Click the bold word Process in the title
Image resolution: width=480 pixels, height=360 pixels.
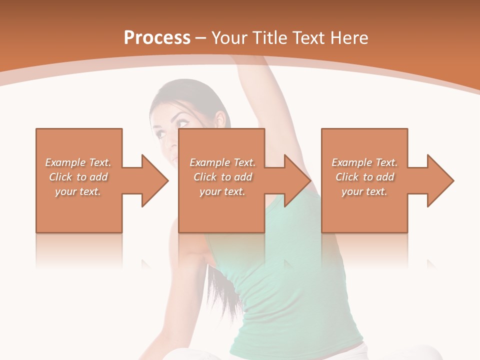pos(157,38)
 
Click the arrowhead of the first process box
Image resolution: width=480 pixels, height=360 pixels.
pos(154,180)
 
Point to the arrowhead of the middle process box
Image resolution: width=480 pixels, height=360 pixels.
pos(297,180)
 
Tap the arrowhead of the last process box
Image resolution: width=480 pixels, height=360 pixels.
pos(440,180)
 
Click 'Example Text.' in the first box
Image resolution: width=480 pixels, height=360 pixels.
pos(78,162)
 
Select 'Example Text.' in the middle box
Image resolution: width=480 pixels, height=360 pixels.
pos(222,162)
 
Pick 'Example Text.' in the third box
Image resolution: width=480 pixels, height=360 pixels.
pos(364,162)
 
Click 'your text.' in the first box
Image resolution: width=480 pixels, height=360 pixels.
pos(78,191)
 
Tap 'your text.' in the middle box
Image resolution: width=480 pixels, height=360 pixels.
pos(222,191)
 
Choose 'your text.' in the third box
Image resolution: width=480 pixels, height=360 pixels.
pos(364,191)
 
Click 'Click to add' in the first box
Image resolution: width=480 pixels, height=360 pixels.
pos(78,177)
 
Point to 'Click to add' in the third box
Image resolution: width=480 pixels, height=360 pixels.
pos(365,177)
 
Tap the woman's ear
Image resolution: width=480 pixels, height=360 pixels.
pos(219,120)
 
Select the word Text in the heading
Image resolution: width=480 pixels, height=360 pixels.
pos(309,38)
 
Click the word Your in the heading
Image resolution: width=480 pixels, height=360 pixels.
pos(229,38)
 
